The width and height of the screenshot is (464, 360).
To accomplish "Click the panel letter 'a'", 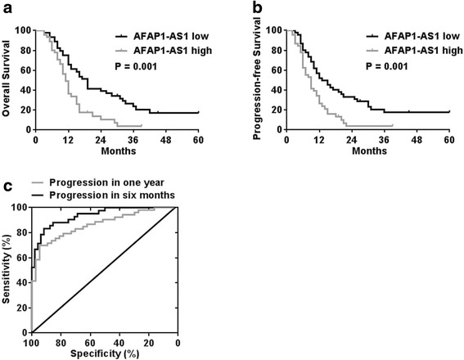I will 6,9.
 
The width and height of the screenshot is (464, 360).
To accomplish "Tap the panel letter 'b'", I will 241,9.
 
